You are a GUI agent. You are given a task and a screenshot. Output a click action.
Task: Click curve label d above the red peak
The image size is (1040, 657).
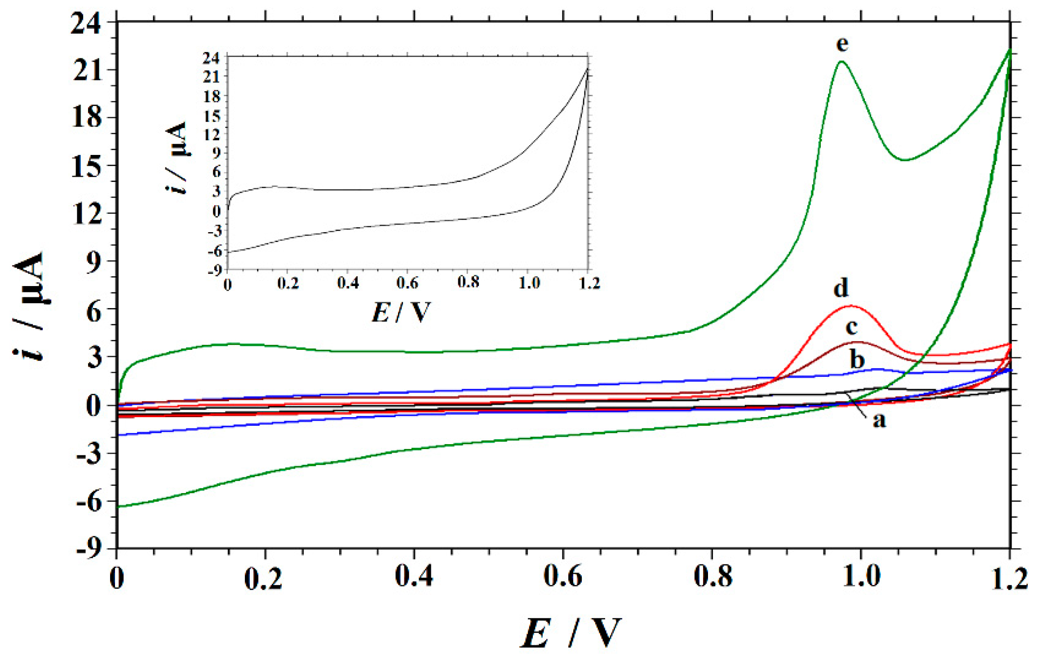point(841,288)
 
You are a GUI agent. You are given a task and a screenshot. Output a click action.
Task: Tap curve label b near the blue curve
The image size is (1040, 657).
point(857,359)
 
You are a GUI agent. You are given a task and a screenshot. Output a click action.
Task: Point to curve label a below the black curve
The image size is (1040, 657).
point(879,420)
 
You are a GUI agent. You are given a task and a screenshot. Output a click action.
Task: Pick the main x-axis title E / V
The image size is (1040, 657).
point(571,633)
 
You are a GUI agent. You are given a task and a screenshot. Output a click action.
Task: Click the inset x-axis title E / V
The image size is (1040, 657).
point(401,312)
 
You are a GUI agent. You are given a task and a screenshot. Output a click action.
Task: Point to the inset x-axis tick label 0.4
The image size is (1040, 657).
point(348,283)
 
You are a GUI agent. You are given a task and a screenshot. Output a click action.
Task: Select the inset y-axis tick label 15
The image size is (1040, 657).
point(212,116)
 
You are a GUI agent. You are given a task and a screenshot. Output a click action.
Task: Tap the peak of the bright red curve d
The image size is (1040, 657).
point(850,306)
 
